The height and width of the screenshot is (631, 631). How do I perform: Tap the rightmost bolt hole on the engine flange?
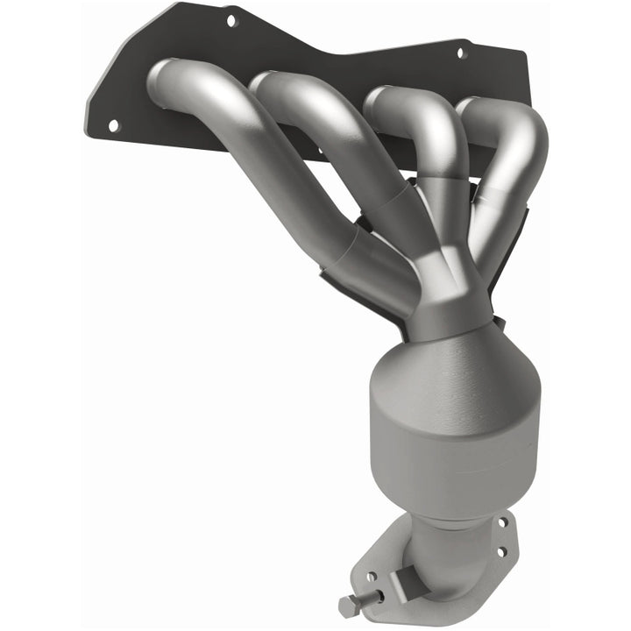click(462, 53)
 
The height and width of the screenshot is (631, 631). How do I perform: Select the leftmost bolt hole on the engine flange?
click(113, 125)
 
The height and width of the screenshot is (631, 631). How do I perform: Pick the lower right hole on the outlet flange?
click(500, 553)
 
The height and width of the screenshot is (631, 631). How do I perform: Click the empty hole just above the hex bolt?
click(372, 577)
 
